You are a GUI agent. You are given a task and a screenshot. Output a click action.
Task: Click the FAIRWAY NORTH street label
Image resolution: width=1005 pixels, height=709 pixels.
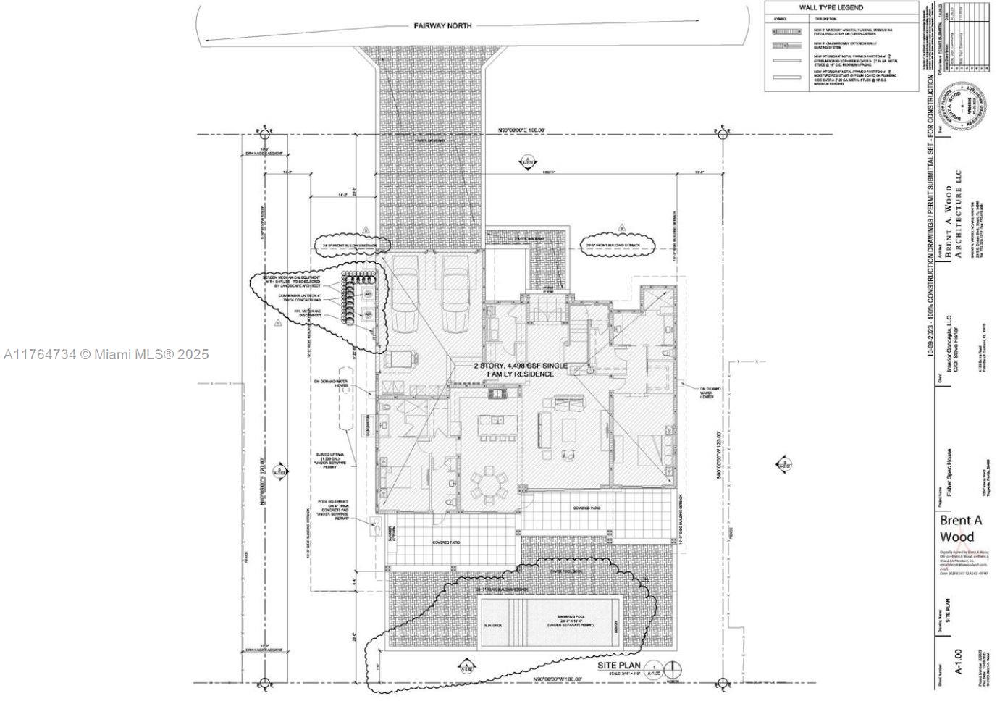tap(442, 25)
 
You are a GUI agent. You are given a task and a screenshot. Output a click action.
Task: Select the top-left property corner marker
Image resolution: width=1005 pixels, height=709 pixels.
tap(264, 133)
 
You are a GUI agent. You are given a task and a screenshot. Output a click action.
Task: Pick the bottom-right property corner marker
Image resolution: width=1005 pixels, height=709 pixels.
tap(721, 682)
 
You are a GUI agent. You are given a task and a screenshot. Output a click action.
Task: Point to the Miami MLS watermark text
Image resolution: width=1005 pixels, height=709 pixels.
tap(106, 354)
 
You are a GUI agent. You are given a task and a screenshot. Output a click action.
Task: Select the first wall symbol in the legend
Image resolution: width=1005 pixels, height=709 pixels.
tap(786, 32)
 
